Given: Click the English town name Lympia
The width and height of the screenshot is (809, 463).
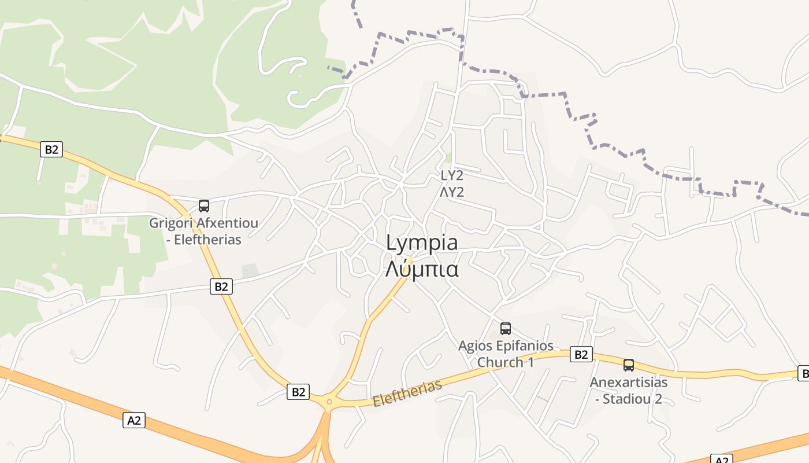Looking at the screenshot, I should coord(422,243).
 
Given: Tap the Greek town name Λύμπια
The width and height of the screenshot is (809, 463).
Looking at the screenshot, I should coord(422,269).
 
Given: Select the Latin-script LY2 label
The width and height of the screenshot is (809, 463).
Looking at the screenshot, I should coord(452,175).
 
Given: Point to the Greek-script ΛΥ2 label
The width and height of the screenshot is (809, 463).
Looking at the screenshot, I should coord(452,192).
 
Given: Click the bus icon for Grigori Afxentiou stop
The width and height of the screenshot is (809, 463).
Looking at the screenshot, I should coord(203,205).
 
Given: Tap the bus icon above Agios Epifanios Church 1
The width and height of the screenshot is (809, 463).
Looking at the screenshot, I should coord(506,329).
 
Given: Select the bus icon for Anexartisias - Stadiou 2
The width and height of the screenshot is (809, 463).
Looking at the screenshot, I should coord(628,365).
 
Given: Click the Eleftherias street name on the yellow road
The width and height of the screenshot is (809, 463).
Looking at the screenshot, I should coord(407,393).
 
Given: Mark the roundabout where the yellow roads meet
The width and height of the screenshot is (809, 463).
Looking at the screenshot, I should coord(329,400).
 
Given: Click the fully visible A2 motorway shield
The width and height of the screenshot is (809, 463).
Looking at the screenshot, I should coord(134,420).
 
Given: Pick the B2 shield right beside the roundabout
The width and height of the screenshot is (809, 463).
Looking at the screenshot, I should coord(298,392).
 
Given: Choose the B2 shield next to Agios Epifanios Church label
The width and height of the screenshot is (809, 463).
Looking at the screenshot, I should coord(581,354).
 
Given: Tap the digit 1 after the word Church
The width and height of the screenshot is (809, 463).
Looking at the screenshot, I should coord(530,363).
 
